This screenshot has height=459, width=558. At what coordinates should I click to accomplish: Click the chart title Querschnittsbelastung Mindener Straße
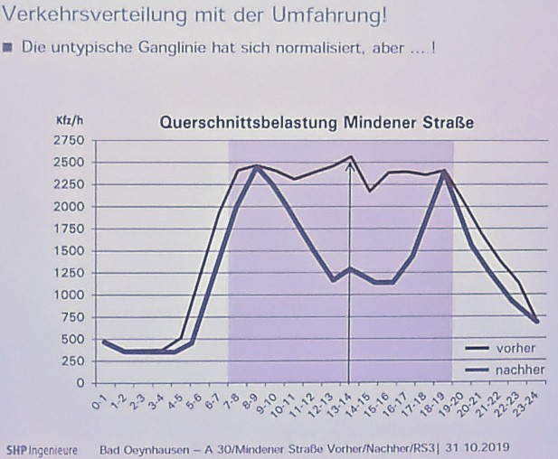(x=317, y=123)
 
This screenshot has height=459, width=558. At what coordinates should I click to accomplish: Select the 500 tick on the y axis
(x=73, y=339)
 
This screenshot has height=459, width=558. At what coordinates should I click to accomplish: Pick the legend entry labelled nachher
(x=520, y=370)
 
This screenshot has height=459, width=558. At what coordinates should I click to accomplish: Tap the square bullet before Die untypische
(x=8, y=48)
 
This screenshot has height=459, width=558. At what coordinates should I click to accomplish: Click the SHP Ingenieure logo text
(x=42, y=449)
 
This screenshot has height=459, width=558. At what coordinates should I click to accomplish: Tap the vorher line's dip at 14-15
(x=371, y=191)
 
